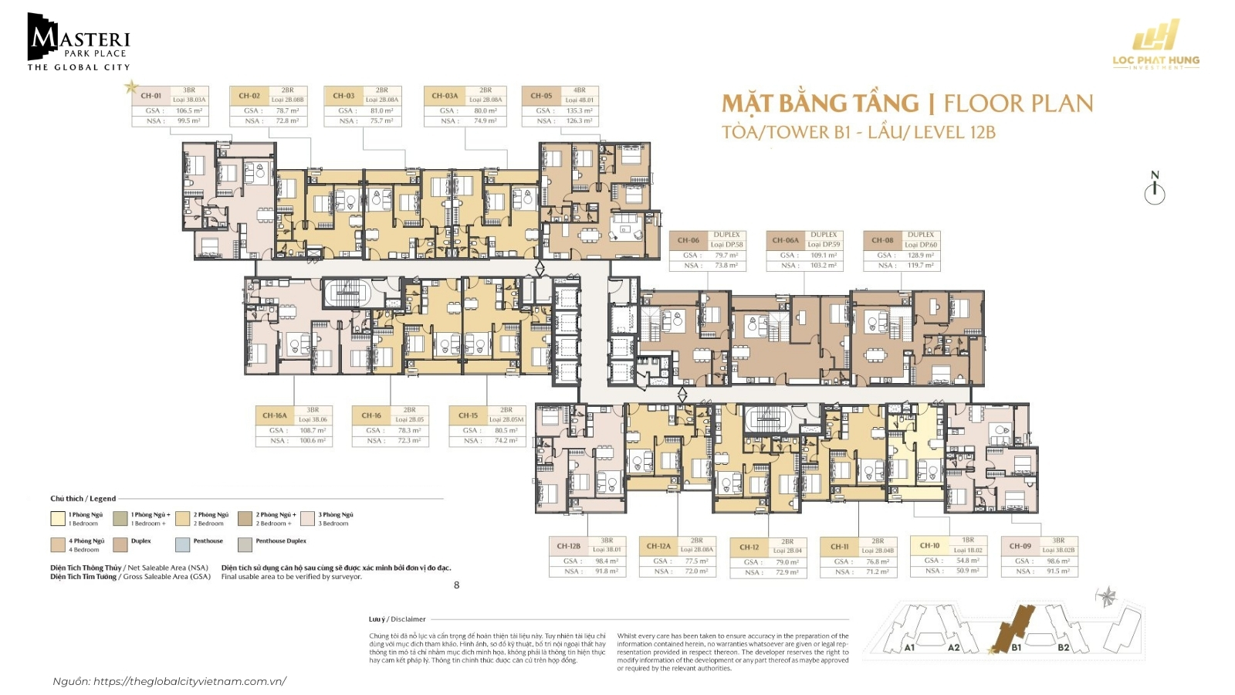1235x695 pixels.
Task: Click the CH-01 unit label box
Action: click(x=151, y=97)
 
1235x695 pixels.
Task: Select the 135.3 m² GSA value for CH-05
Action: click(x=579, y=110)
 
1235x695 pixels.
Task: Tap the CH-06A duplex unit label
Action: click(x=785, y=240)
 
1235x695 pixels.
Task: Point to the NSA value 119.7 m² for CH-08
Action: click(x=920, y=265)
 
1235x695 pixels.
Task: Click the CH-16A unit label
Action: click(x=274, y=415)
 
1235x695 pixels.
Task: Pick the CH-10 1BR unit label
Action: click(x=930, y=545)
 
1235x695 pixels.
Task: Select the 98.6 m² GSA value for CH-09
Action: click(x=1057, y=561)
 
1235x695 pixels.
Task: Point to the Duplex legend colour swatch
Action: click(x=120, y=544)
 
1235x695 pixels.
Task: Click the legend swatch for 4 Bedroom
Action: click(x=58, y=544)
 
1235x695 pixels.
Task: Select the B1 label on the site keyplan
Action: click(x=1016, y=647)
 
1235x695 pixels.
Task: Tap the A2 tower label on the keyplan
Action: click(x=953, y=647)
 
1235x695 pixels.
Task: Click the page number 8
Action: click(x=456, y=585)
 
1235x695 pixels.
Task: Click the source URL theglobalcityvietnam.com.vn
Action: click(x=189, y=681)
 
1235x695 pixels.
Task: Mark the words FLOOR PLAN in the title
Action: click(x=1018, y=103)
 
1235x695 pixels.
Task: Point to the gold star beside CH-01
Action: click(x=131, y=86)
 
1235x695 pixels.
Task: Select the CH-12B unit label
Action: click(x=569, y=546)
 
